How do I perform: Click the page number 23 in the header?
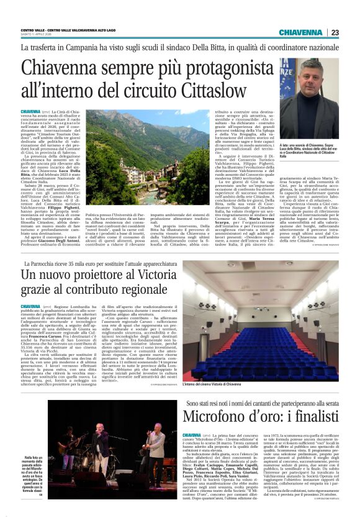[x=334, y=33]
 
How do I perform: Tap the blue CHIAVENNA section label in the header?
[x=300, y=33]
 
